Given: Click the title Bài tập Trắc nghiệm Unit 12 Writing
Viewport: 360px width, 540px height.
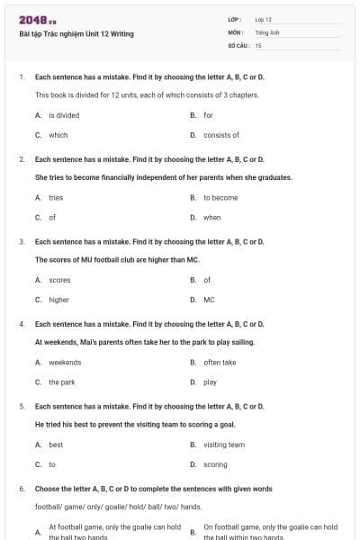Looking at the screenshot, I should coord(76,34).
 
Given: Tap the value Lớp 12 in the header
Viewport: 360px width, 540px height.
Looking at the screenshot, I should coord(263,19).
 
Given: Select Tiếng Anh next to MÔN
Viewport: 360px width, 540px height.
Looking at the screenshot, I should coord(265,31).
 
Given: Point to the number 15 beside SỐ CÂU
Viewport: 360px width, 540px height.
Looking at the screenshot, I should coord(258,44).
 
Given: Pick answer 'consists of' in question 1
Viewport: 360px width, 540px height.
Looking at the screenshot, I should coord(221,135).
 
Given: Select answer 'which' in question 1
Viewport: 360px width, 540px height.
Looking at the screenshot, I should coord(58,135).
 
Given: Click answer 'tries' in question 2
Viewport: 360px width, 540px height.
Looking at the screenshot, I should coord(56,197).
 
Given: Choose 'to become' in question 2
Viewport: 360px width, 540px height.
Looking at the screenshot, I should coord(220,197).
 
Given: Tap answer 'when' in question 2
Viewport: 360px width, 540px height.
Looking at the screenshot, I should coord(212,217).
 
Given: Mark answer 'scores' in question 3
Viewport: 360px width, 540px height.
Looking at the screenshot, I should coord(59,280).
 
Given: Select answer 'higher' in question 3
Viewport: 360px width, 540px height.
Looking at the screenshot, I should coord(59,300).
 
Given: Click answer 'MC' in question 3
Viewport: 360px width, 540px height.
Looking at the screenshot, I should coord(209,300).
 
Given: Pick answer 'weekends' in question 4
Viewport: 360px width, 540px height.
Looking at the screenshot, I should coord(65,362).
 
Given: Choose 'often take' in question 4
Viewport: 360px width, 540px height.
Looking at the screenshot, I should coord(220,362).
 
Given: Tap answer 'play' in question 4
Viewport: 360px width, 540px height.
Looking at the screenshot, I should coord(210,382).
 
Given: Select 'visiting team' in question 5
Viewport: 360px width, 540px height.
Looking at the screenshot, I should coord(224,445).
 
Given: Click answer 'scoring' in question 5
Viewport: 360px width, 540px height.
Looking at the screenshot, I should coord(215,464).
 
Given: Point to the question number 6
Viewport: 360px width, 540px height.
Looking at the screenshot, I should coord(21,489).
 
